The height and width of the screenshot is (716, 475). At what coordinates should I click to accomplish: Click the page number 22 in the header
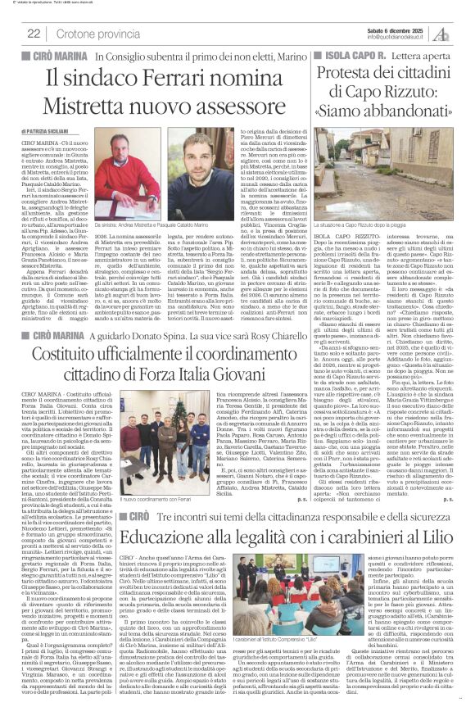(x=34, y=33)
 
